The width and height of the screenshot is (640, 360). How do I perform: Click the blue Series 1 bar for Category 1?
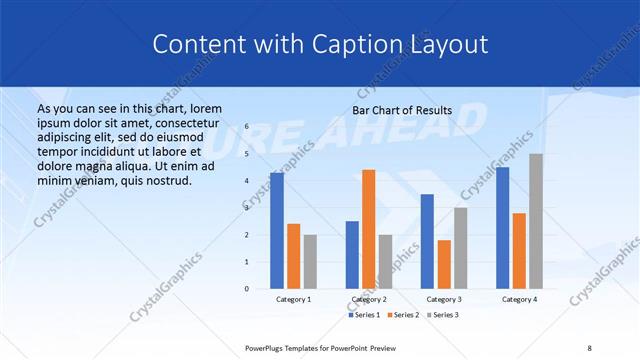[277, 231]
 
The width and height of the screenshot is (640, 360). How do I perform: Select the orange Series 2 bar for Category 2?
[368, 229]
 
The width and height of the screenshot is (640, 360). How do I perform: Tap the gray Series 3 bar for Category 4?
[536, 221]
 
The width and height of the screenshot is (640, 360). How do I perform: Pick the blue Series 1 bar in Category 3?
[427, 241]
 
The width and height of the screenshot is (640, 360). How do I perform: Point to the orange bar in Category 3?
[444, 264]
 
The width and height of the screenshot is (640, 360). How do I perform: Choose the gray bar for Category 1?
[310, 262]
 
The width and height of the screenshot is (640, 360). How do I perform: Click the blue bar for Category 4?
[502, 228]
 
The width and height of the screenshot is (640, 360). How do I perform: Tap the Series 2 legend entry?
[402, 315]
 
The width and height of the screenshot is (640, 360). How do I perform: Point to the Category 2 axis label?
[368, 299]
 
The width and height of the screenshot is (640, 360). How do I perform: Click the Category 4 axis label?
[519, 299]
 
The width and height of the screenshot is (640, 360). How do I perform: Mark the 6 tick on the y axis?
[246, 127]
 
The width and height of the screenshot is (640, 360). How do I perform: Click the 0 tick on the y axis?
[246, 289]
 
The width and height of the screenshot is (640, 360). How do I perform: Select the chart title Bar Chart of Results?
[402, 110]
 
